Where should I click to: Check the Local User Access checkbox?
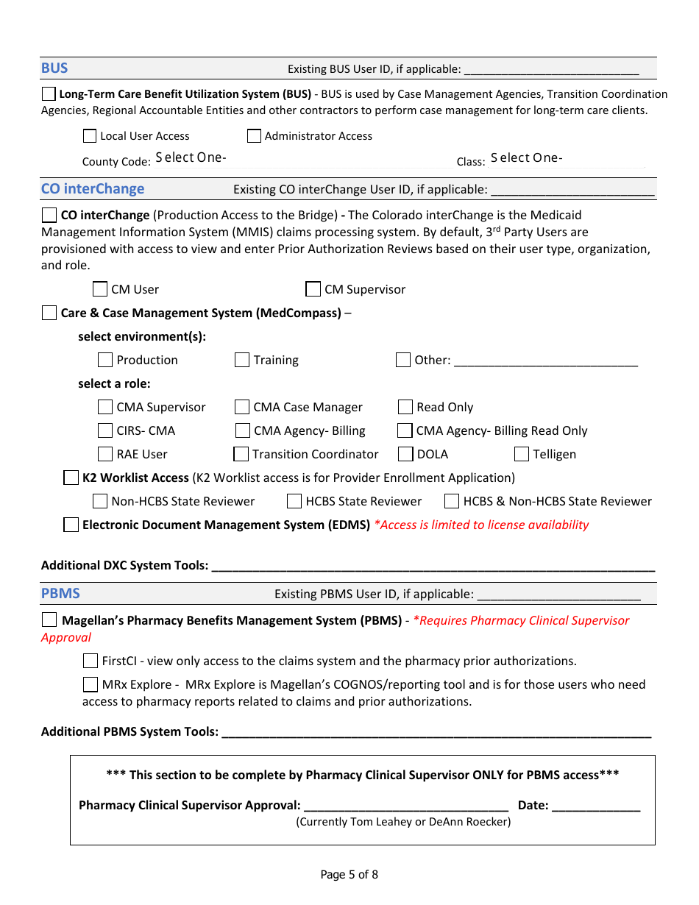pyautogui.click(x=90, y=136)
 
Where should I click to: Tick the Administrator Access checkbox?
pyautogui.click(x=254, y=136)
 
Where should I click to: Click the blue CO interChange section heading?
pyautogui.click(x=93, y=189)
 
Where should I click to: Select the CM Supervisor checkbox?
pyautogui.click(x=313, y=289)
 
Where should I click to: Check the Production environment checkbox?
pyautogui.click(x=105, y=360)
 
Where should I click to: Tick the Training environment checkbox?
pyautogui.click(x=242, y=360)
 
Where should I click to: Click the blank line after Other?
pyautogui.click(x=545, y=361)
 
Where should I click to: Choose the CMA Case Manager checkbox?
pyautogui.click(x=242, y=407)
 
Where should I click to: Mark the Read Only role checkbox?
pyautogui.click(x=405, y=407)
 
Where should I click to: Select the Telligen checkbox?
pyautogui.click(x=522, y=454)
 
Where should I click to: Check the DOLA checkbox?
pyautogui.click(x=405, y=454)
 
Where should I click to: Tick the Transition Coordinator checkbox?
pyautogui.click(x=241, y=454)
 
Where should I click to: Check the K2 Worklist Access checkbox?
pyautogui.click(x=71, y=478)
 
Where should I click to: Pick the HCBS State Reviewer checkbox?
pyautogui.click(x=294, y=501)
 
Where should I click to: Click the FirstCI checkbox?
pyautogui.click(x=90, y=661)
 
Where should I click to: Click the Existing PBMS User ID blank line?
pyautogui.click(x=558, y=595)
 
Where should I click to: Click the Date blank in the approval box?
pyautogui.click(x=596, y=806)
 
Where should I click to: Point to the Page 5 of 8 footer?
pyautogui.click(x=349, y=875)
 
